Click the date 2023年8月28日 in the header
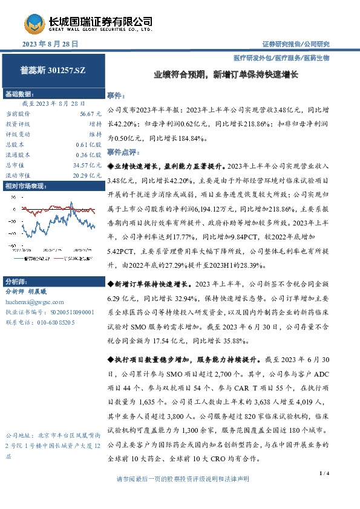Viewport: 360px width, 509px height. tap(50, 45)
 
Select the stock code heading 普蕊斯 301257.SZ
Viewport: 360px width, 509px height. tap(53, 71)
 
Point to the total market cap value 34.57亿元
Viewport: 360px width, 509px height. tap(87, 165)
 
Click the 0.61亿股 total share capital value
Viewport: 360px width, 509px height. tap(88, 144)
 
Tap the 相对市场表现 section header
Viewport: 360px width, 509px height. tap(25, 186)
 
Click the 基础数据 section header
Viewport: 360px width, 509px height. tap(21, 95)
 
